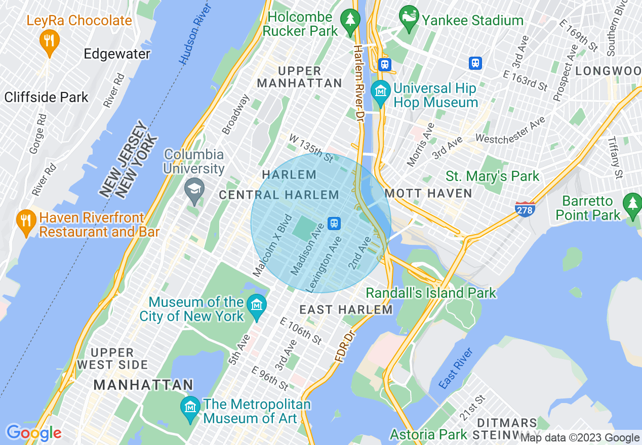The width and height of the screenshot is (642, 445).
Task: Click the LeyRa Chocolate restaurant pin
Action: [49, 39]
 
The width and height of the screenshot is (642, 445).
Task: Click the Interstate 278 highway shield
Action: [525, 208]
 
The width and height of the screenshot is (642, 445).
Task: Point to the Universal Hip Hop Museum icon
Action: [380, 92]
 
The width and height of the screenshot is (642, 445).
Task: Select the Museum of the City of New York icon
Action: [257, 306]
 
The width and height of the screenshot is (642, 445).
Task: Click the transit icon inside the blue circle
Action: [334, 223]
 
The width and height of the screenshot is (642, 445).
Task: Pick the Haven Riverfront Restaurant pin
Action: [25, 221]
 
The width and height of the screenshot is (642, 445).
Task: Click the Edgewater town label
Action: [117, 54]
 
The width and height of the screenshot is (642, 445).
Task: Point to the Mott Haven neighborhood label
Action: [428, 193]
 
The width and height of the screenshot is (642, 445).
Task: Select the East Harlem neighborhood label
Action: [346, 309]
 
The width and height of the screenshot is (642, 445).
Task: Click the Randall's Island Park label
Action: [431, 293]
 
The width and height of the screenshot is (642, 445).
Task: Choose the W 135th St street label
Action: [311, 148]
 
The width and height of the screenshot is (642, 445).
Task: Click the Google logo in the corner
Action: [33, 433]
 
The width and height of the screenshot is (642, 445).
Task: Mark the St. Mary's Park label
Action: [492, 176]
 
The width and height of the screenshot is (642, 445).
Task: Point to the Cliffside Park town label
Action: [47, 97]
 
